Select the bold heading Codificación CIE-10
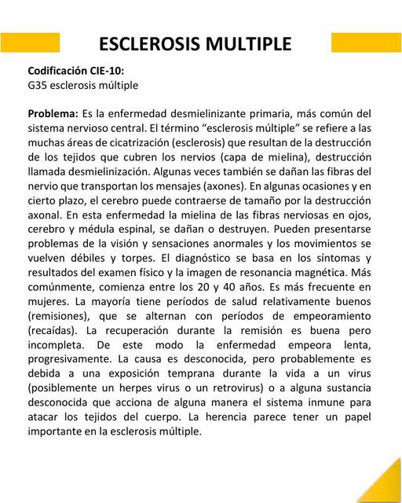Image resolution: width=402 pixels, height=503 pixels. pyautogui.click(x=76, y=70)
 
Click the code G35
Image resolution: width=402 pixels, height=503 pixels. pyautogui.click(x=37, y=85)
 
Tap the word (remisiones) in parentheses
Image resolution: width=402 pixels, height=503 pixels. pyautogui.click(x=60, y=316)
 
